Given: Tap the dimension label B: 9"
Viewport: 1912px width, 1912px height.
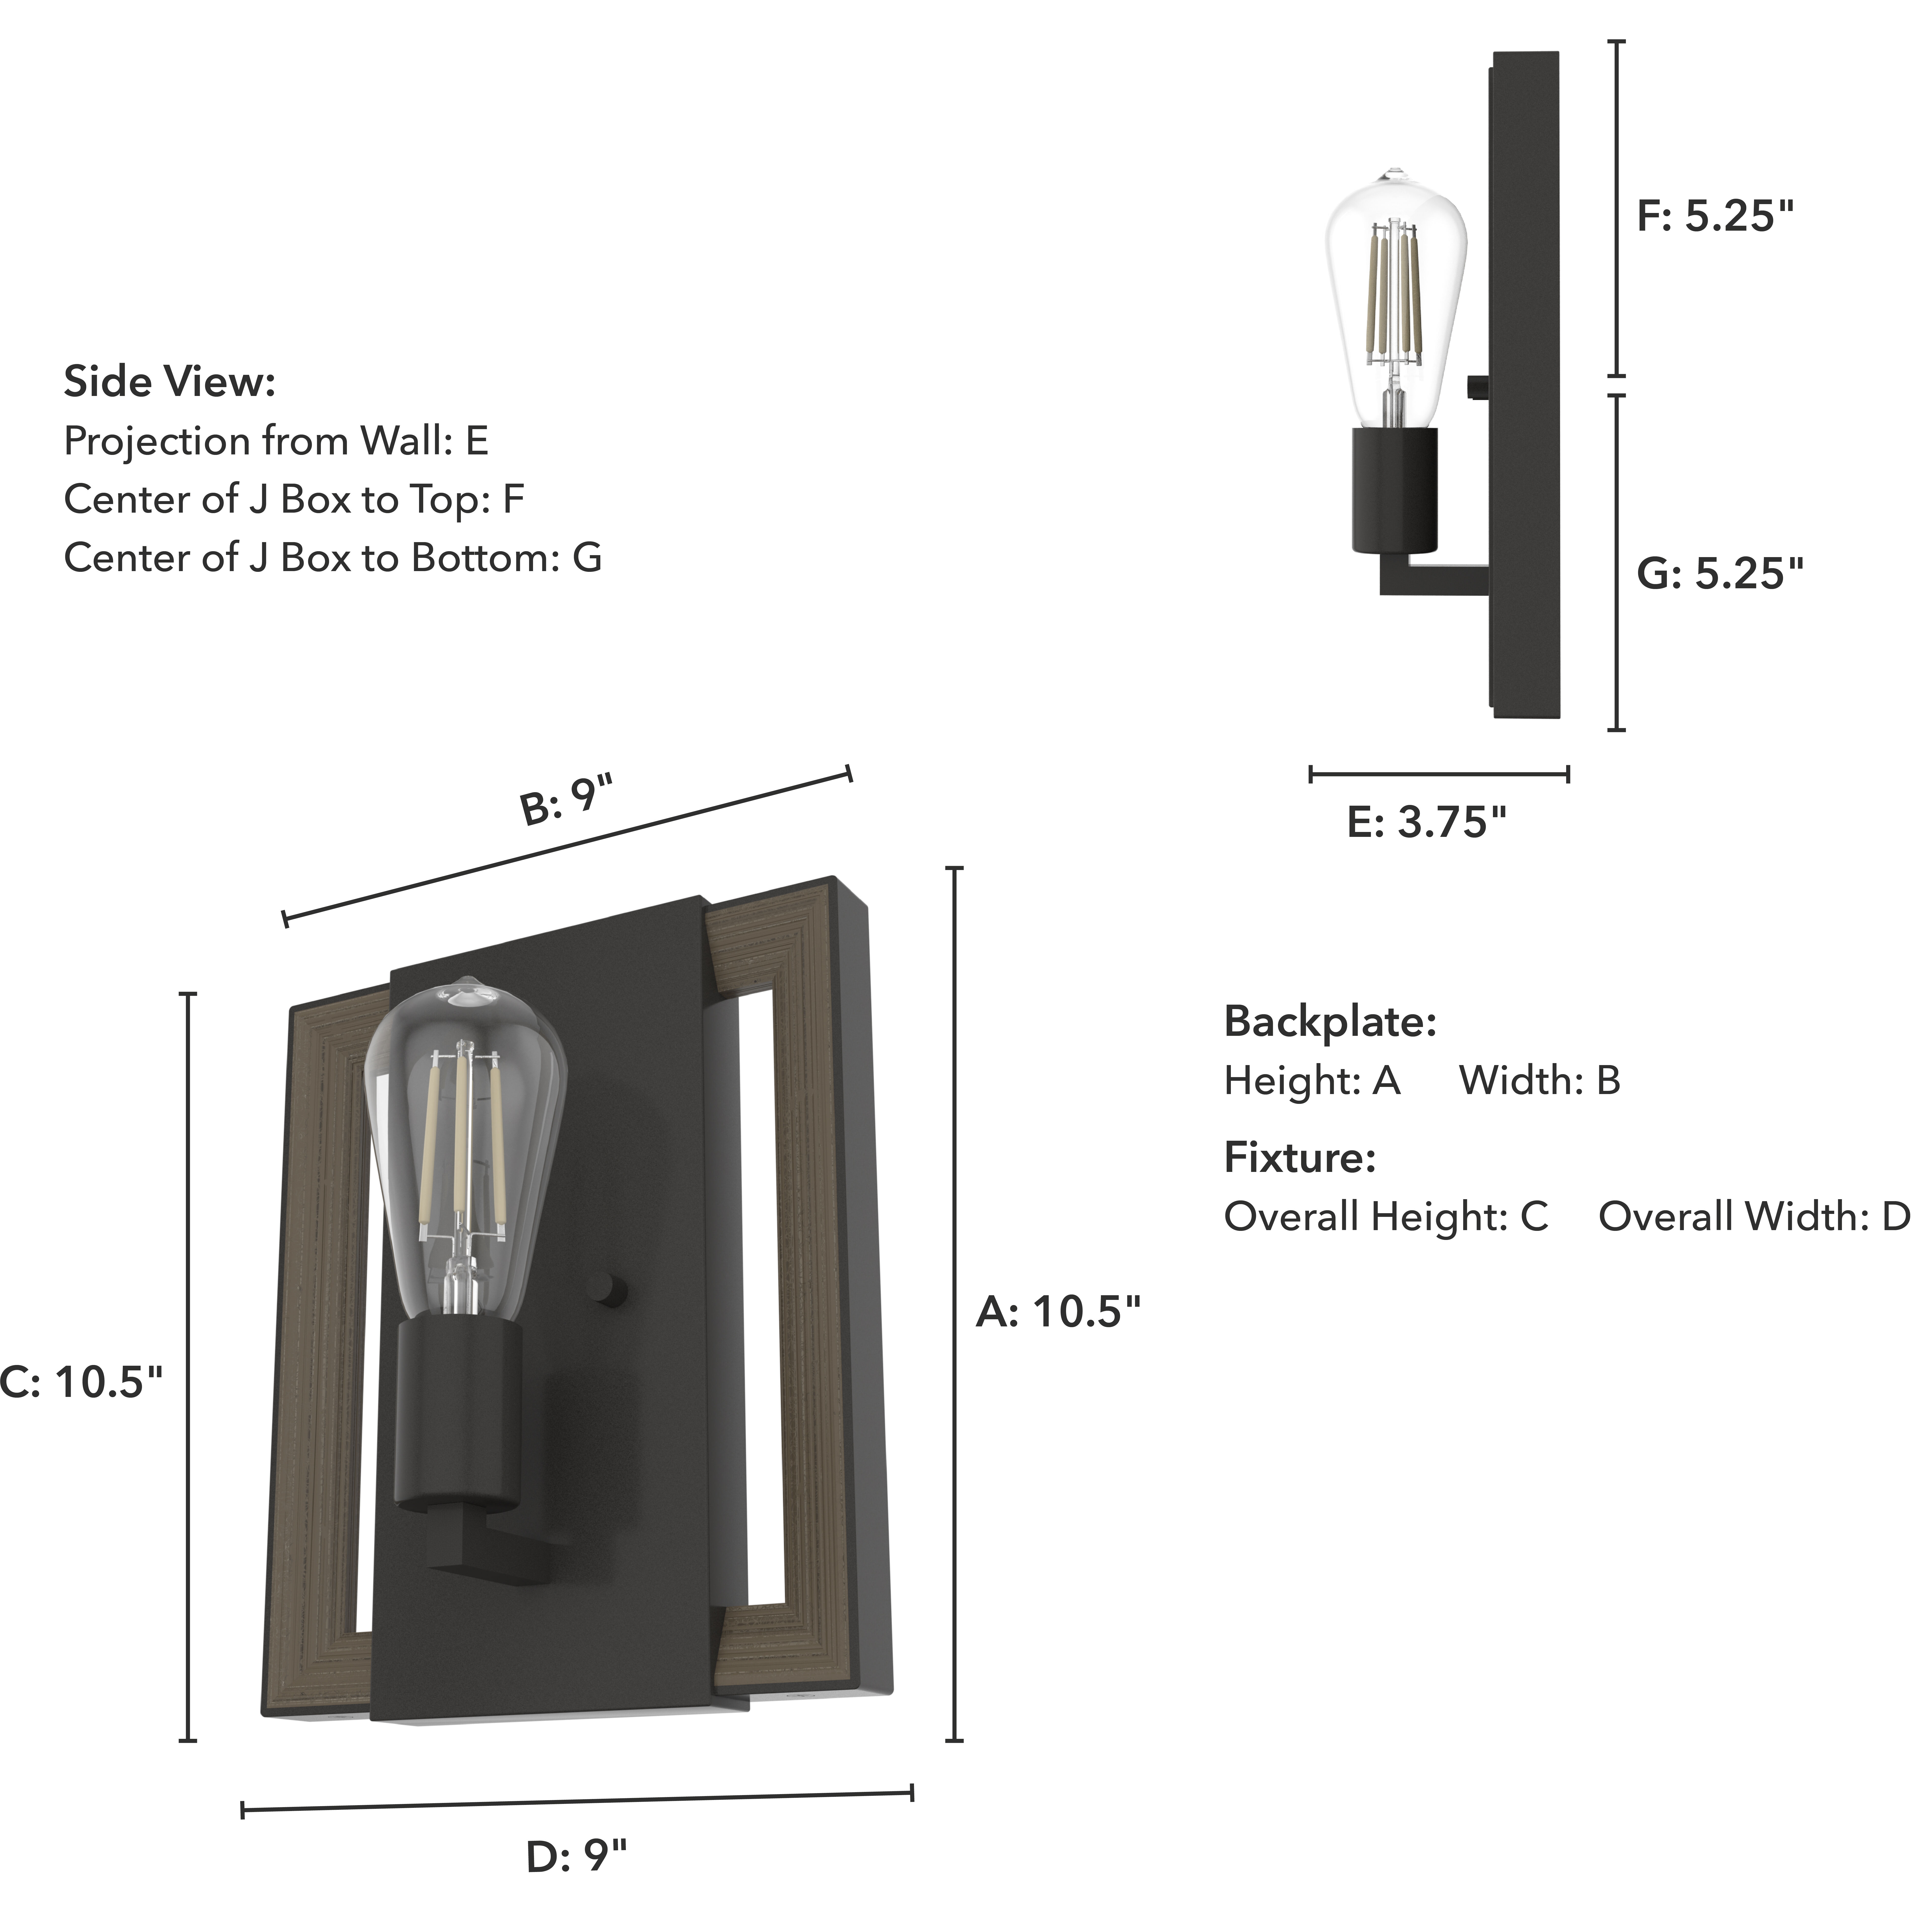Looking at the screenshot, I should (x=566, y=800).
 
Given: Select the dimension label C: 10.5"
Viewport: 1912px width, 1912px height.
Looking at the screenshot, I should (x=81, y=1381).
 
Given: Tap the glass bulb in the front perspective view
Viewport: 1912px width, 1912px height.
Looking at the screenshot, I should (x=465, y=1138).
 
